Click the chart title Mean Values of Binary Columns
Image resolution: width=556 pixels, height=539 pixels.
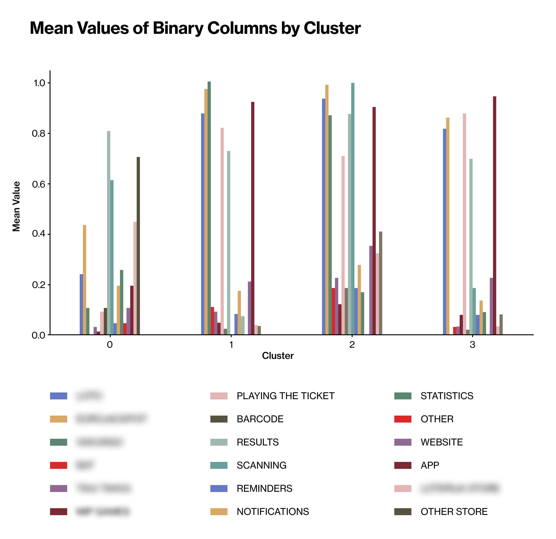click(x=195, y=28)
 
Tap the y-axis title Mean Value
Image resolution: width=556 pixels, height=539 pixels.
click(x=16, y=207)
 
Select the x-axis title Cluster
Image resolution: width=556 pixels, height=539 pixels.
click(x=278, y=356)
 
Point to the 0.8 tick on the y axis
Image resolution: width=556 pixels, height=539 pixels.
click(x=39, y=134)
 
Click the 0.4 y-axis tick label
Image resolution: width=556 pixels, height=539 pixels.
click(x=39, y=234)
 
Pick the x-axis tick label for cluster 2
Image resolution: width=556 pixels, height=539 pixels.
click(x=352, y=345)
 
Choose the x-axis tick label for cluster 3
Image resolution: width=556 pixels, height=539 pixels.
click(x=472, y=345)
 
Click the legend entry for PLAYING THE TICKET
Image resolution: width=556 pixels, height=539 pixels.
click(x=285, y=396)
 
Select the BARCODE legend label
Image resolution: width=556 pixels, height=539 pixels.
click(x=260, y=419)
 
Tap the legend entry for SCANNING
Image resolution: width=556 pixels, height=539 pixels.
click(x=261, y=465)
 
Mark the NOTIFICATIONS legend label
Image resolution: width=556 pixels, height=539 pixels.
click(x=273, y=511)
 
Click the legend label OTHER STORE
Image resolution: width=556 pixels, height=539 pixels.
click(x=454, y=511)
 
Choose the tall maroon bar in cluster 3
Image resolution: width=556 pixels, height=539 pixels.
click(x=494, y=216)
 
